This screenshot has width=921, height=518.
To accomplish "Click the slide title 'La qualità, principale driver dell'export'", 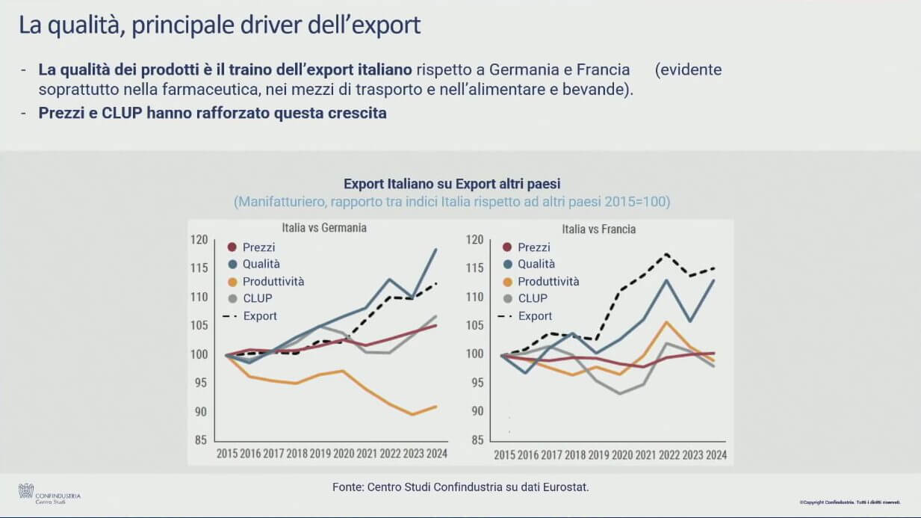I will pyautogui.click(x=220, y=25).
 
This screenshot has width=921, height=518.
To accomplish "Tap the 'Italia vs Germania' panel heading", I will pyautogui.click(x=323, y=228).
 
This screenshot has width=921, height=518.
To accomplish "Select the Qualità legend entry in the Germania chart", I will pyautogui.click(x=261, y=264).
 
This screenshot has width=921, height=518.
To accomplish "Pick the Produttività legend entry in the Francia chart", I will pyautogui.click(x=548, y=282).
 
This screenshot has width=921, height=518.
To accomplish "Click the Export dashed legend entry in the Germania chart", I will pyautogui.click(x=259, y=316).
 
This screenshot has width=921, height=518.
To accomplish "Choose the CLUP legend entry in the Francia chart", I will pyautogui.click(x=532, y=298).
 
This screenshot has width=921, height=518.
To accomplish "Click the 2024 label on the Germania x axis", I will pyautogui.click(x=436, y=454).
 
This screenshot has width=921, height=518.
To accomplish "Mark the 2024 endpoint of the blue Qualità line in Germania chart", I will pyautogui.click(x=435, y=249).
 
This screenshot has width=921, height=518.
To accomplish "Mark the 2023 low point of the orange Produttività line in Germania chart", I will pyautogui.click(x=412, y=414).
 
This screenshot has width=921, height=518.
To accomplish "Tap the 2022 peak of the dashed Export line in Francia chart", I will pyautogui.click(x=666, y=254).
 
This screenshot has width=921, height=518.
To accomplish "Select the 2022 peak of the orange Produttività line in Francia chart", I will pyautogui.click(x=666, y=322).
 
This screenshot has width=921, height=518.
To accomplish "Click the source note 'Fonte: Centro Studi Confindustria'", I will pyautogui.click(x=461, y=487).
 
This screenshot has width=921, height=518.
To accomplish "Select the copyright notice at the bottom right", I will pyautogui.click(x=850, y=502).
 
